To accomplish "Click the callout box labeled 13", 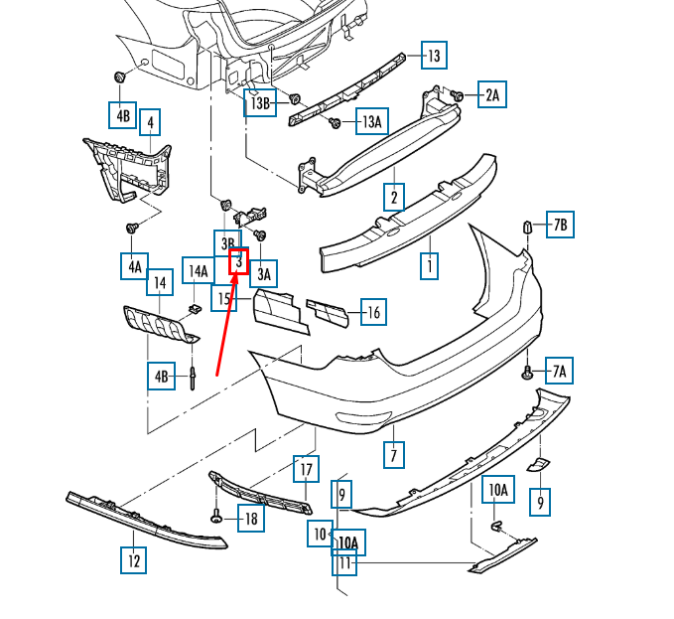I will pos(434,56).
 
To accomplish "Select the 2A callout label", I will pos(492,95).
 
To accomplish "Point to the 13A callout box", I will pos(371,122).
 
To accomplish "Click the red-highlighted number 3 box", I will pos(238,261).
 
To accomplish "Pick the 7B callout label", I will pos(560,225).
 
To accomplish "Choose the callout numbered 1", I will pos(429,266).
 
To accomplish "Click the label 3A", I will pos(264,273).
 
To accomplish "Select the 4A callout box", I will pos(135,266).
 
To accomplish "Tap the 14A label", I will pos(198,270).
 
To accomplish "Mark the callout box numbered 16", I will pos(371,313).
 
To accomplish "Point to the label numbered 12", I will pos(133,560).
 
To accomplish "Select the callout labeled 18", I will pos(250,518).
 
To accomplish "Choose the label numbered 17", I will pos(307,469).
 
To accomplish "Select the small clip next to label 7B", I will pos(529,226).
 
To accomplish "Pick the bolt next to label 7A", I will pos(529,373).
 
